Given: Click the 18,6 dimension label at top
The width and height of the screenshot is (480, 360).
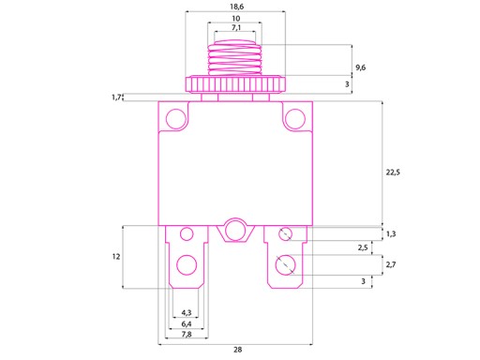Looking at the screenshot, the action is coord(236,7).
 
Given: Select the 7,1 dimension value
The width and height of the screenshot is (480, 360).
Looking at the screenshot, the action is coord(236,28).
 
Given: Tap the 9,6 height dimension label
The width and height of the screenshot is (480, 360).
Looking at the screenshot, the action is coord(360,67).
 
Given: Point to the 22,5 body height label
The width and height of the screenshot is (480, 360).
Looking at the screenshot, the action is coord(393,172).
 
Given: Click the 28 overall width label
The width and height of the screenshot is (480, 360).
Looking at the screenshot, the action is coord(238,350).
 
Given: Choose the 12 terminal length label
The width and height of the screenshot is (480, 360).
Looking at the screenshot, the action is coord(116,257).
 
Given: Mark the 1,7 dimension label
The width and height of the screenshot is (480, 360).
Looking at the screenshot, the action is coord(116,97).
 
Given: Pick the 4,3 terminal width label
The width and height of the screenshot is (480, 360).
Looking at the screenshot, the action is coord(187,312).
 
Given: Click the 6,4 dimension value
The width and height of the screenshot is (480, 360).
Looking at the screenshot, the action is coord(187,324).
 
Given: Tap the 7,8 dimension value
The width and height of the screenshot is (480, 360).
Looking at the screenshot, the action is coord(187,335).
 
